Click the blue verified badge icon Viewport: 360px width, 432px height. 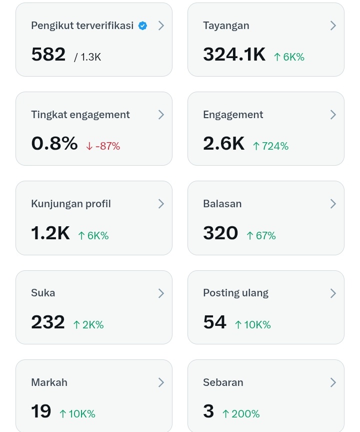point(142,26)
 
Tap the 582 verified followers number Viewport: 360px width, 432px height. point(48,55)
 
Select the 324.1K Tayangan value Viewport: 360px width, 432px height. point(234,55)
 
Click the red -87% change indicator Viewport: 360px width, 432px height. point(103,146)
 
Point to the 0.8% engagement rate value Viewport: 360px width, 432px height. point(54,144)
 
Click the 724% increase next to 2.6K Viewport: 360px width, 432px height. point(270,146)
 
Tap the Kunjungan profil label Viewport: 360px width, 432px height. point(71,204)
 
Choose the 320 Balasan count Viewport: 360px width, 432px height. point(220,233)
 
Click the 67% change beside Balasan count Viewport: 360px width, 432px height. point(261,236)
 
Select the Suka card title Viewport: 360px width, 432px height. point(43,293)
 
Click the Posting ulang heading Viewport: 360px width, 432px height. point(235,293)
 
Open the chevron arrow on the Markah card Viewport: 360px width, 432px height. point(161,382)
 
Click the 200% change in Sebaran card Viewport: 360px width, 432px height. point(241,414)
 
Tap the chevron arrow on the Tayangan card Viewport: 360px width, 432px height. point(333,26)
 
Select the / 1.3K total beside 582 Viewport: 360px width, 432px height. point(87,57)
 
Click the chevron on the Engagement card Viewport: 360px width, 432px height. point(333,115)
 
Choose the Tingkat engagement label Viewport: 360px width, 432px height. point(80,115)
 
